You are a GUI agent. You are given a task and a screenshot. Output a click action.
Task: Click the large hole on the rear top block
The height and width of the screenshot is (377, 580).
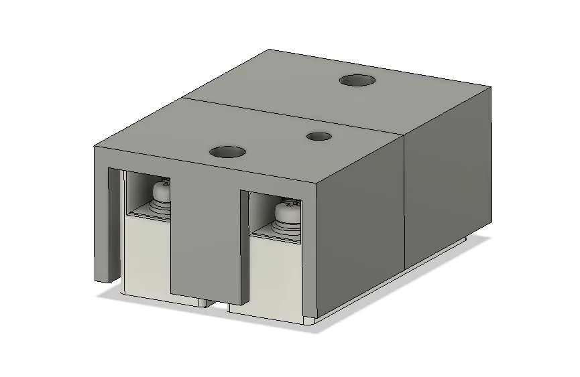click(x=357, y=80)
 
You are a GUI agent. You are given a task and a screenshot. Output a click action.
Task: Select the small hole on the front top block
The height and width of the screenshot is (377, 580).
click(x=319, y=137)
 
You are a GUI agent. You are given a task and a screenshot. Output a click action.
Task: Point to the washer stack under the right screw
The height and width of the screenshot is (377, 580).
click(x=285, y=227)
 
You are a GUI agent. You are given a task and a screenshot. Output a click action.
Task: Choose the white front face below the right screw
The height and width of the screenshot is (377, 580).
click(x=275, y=275)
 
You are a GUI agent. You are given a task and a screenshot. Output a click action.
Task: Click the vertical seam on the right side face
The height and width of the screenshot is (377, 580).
click(x=406, y=201)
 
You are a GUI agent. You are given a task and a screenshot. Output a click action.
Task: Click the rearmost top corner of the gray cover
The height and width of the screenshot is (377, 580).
click(x=270, y=50)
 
